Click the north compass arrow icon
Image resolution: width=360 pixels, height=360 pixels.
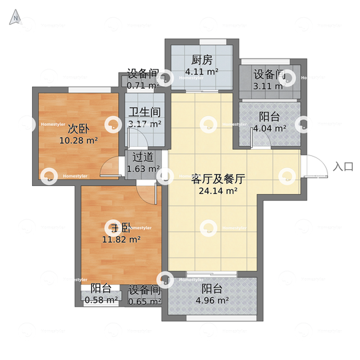coord(13,19)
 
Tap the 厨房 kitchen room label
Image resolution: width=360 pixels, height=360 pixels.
coord(202,59)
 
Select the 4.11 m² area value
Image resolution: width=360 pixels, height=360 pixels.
coord(202,71)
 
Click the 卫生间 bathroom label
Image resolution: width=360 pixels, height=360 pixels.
coord(145,112)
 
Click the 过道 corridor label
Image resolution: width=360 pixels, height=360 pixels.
coord(143,157)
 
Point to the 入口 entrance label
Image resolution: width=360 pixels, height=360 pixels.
coord(343,167)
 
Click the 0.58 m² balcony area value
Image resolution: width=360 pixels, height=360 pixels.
coord(101,301)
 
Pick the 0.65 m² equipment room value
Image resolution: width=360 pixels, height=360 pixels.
coord(144,301)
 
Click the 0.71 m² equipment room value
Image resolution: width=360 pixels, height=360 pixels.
coord(143,85)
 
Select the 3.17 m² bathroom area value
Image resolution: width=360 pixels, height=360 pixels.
coord(145,124)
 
